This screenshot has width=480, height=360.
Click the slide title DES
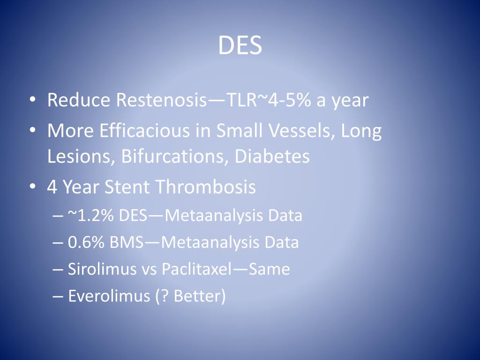(x=240, y=45)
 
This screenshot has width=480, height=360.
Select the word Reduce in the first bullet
(x=79, y=100)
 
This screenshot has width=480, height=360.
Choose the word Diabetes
(x=272, y=156)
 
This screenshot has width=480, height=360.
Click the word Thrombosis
(x=205, y=187)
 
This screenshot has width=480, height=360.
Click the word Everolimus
(x=107, y=296)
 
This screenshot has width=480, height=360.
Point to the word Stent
(x=127, y=187)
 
